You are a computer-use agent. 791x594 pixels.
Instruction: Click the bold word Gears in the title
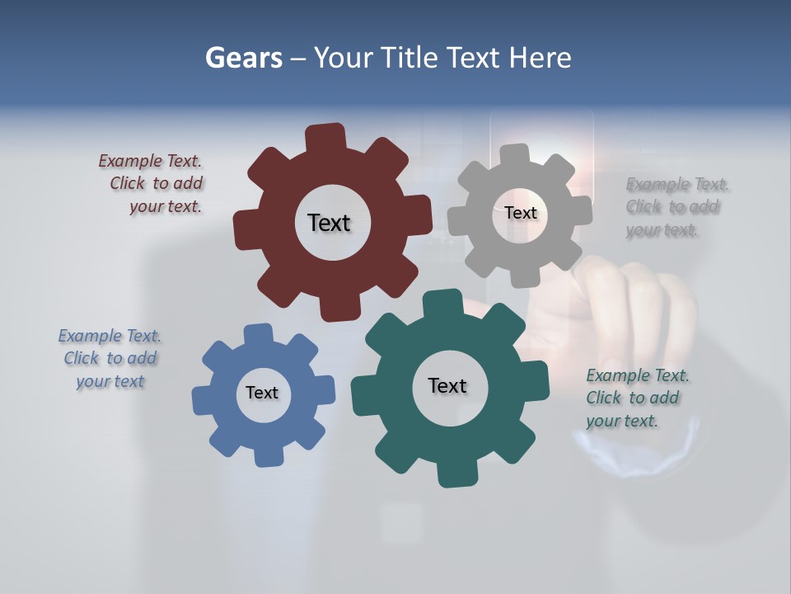click(244, 58)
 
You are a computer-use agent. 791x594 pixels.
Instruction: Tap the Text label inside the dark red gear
click(329, 223)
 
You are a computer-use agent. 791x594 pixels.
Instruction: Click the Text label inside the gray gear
click(520, 213)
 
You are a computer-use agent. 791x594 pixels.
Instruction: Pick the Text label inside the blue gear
click(262, 393)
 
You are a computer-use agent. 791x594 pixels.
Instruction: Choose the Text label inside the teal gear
click(447, 385)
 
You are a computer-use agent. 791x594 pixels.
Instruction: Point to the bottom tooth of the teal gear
click(456, 474)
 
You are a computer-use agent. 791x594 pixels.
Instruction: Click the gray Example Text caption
click(676, 207)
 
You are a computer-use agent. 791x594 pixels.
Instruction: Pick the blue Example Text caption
click(110, 359)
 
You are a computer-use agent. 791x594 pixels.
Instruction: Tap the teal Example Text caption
click(636, 398)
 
